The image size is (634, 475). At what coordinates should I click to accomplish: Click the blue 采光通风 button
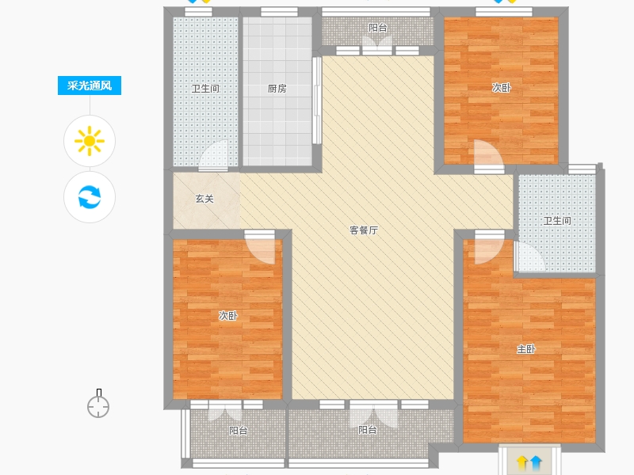[90, 85]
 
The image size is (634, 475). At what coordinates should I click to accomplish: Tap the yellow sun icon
[90, 141]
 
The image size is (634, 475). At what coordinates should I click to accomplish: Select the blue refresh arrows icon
[90, 196]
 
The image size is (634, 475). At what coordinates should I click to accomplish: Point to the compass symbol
[98, 404]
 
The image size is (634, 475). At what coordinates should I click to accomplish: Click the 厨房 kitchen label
[277, 89]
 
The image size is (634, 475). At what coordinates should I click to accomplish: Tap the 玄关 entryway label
[204, 199]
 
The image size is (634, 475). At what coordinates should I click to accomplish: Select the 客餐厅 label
[364, 230]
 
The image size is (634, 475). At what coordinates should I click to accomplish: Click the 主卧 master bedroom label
[526, 349]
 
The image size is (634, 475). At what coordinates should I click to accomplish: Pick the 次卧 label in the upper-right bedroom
[502, 88]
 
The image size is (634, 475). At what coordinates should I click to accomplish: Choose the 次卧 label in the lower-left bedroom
[228, 315]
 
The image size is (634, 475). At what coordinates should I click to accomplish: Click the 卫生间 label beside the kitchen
[205, 89]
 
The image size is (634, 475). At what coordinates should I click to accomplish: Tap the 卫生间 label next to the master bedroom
[557, 221]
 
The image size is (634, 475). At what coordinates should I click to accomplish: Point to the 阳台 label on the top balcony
[378, 28]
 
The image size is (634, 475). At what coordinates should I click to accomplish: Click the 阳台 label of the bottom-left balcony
[239, 431]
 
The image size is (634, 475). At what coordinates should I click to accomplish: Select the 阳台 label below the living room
[368, 430]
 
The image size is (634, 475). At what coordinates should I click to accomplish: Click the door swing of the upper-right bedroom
[489, 155]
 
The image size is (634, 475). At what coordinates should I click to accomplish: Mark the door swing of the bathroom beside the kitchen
[213, 155]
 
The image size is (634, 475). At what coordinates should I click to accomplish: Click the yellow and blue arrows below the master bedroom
[529, 462]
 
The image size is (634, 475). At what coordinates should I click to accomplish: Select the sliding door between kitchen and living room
[316, 101]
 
